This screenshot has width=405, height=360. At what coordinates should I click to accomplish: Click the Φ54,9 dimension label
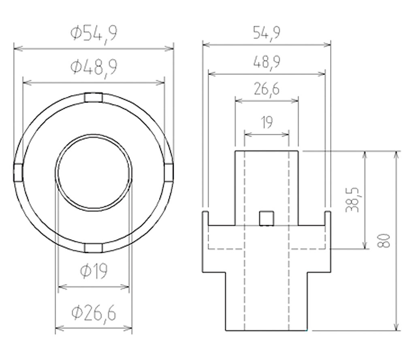pos(94,34)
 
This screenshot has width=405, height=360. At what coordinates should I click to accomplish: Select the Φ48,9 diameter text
pos(94,67)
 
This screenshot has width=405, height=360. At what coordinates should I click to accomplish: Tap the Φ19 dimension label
pos(94,271)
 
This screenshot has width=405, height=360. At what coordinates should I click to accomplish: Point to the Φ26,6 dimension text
pos(94,313)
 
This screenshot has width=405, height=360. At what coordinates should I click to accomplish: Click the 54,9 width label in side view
pos(266,33)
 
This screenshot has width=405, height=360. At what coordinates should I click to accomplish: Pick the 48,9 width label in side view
pos(266,62)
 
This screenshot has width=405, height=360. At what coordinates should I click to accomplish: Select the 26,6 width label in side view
pos(266,89)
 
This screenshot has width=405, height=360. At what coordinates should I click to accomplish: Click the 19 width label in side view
pos(266,122)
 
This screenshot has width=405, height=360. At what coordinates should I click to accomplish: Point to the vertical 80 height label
pos(384,241)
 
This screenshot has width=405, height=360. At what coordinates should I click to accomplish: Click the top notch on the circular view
pos(94,98)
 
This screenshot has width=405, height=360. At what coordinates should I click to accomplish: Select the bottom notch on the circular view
pos(94,248)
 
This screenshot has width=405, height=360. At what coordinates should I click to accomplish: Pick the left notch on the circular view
pos(18,173)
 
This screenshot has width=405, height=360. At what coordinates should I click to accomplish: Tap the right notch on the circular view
pos(169,173)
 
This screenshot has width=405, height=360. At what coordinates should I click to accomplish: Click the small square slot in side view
pos(266,218)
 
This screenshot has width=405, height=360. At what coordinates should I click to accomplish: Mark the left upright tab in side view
pos(205,218)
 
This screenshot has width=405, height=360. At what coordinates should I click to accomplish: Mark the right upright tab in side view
pos(328,218)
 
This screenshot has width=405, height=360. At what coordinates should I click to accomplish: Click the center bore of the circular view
pos(94,173)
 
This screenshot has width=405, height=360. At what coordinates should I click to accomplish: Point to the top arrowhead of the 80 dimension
pos(396,155)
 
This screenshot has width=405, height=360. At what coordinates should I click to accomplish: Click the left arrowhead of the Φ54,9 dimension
pos(17,48)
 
